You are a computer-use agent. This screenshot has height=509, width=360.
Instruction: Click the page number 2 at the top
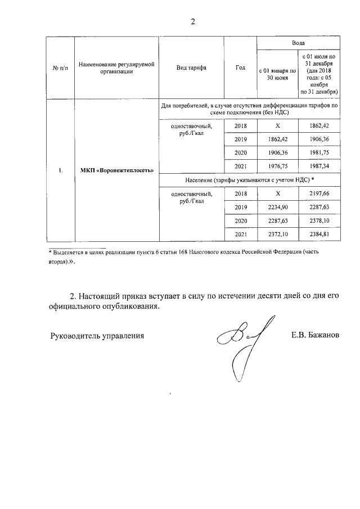(x=193, y=22)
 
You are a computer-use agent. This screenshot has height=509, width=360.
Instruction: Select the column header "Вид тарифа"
(x=191, y=67)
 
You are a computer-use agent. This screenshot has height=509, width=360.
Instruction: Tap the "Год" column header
(x=241, y=67)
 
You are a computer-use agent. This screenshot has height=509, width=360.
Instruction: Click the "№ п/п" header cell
(x=60, y=67)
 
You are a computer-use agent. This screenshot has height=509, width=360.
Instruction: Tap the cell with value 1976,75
(x=276, y=166)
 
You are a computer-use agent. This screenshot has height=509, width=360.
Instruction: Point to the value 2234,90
(x=276, y=207)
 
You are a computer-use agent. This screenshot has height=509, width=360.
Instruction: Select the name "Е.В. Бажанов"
(x=315, y=336)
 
